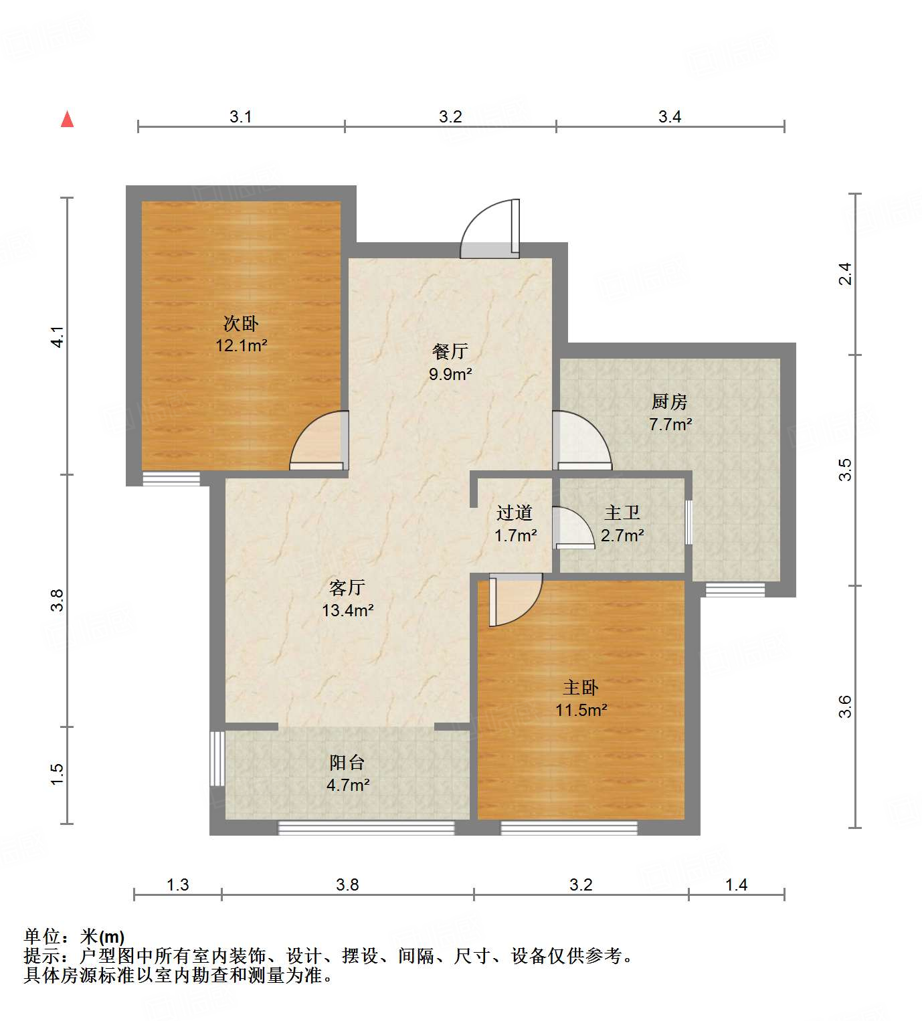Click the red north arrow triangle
67,119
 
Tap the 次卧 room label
241,324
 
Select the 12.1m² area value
241,346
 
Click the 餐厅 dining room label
450,351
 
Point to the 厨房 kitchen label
670,401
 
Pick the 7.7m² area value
670,424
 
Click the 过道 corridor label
515,513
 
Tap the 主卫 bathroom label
622,513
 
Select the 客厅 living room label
347,587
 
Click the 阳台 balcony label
347,762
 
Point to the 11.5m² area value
581,710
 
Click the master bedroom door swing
514,598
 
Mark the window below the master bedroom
569,828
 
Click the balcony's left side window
217,758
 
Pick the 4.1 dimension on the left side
58,336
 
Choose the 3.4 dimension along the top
669,117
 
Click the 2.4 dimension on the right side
846,274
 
